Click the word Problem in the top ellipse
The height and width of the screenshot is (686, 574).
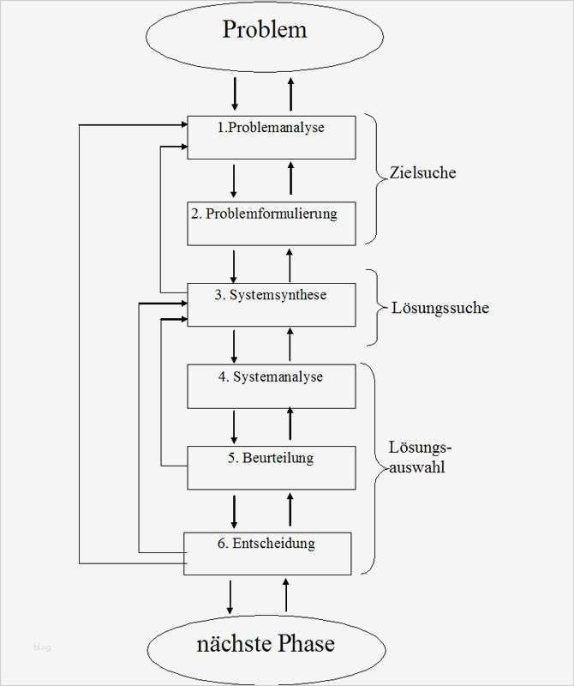[x=265, y=30]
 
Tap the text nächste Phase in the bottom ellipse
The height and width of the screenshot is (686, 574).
[x=265, y=642]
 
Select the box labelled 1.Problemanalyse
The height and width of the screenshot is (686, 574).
[x=271, y=137]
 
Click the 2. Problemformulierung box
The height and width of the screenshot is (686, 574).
[x=271, y=223]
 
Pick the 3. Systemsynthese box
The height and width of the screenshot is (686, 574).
[x=271, y=304]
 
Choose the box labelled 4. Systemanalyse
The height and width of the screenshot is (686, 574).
[x=271, y=386]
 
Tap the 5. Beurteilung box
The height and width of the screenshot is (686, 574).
[x=271, y=467]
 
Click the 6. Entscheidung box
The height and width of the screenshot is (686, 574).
[x=267, y=553]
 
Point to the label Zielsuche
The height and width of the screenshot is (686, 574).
[x=422, y=172]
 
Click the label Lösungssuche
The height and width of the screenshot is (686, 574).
[x=439, y=308]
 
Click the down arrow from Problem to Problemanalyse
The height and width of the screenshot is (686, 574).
[x=234, y=92]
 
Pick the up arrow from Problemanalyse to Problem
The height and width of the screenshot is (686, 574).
[x=290, y=92]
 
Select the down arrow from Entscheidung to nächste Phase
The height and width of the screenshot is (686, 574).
[x=230, y=595]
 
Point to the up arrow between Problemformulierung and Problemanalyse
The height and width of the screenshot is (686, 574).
[x=290, y=178]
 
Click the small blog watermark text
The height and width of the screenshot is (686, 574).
[x=42, y=647]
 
